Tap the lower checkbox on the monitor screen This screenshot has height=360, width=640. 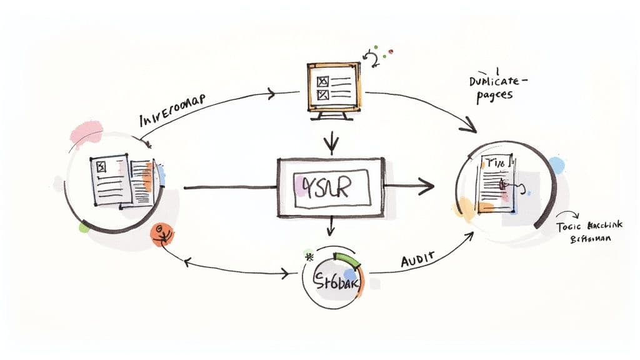click(322, 94)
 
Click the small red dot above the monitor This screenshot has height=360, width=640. click(391, 51)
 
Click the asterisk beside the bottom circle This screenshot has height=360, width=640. click(308, 256)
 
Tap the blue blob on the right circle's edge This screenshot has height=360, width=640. click(556, 165)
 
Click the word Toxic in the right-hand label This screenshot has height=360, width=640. click(569, 227)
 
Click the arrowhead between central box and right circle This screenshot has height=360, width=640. click(427, 185)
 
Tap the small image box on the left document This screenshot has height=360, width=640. click(101, 167)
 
